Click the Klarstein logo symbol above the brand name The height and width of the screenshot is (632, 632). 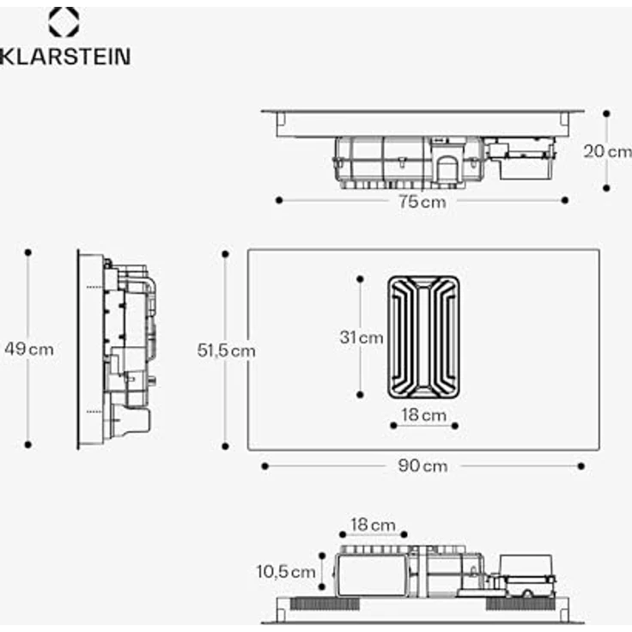click(x=64, y=22)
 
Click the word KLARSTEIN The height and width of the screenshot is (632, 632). click(x=65, y=58)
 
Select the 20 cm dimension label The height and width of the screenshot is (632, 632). click(x=607, y=151)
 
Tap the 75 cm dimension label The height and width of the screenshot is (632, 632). click(x=422, y=202)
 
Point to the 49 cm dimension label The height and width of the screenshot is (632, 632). click(x=28, y=349)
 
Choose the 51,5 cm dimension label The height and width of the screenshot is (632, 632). click(x=226, y=350)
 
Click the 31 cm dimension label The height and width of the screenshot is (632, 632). click(x=361, y=337)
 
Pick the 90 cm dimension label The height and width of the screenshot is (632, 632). click(x=422, y=466)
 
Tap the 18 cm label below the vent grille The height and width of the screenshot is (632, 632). click(x=424, y=416)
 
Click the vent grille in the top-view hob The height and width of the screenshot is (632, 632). click(x=423, y=337)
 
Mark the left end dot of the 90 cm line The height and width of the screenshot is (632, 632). click(x=265, y=466)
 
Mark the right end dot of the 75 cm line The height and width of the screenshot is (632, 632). click(x=564, y=200)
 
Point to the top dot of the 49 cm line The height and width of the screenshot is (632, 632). click(x=28, y=252)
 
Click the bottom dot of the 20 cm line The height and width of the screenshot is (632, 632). click(x=606, y=187)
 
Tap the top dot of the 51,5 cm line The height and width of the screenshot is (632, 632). click(x=225, y=253)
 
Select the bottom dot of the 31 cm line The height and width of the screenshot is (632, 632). click(x=361, y=395)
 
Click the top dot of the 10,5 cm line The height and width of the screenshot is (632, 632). click(x=321, y=555)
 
